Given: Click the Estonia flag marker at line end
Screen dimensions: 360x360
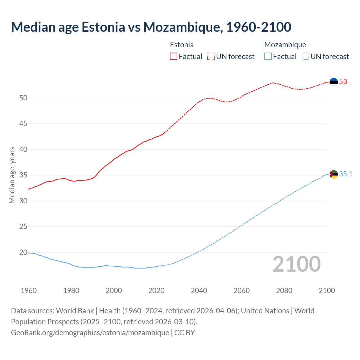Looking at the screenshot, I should (x=334, y=82).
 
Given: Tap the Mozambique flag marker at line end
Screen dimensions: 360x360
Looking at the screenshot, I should (x=334, y=174).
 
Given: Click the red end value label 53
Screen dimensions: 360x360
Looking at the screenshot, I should (x=343, y=82).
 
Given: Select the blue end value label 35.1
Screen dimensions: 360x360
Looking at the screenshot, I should (x=346, y=174).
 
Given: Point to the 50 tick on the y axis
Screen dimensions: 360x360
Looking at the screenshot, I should (x=23, y=98).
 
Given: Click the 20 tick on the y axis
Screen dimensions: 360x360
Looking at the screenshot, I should (x=23, y=253).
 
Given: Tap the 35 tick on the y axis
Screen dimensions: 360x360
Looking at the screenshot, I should (x=23, y=175).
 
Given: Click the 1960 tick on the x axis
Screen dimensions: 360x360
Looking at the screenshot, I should (x=29, y=291).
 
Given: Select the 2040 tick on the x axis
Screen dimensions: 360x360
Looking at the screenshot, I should (x=199, y=291).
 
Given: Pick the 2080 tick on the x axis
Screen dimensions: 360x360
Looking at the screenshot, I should (x=284, y=291).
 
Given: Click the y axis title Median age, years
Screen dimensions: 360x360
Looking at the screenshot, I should (x=12, y=175).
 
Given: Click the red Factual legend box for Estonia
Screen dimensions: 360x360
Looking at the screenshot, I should (x=174, y=57).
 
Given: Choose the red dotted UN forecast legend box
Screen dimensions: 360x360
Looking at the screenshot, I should (x=211, y=57).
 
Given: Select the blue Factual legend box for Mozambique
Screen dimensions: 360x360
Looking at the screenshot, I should (x=268, y=57).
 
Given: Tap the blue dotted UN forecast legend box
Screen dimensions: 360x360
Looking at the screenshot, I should (x=305, y=57).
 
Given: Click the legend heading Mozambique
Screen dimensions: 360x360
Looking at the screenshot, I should (x=285, y=45).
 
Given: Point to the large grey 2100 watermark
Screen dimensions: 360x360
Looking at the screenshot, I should (x=296, y=264).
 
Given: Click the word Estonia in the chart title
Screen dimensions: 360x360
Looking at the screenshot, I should (x=103, y=27).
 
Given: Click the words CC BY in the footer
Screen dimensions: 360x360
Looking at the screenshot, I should (x=184, y=333).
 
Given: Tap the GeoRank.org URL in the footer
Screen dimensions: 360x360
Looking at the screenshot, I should (x=90, y=333).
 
